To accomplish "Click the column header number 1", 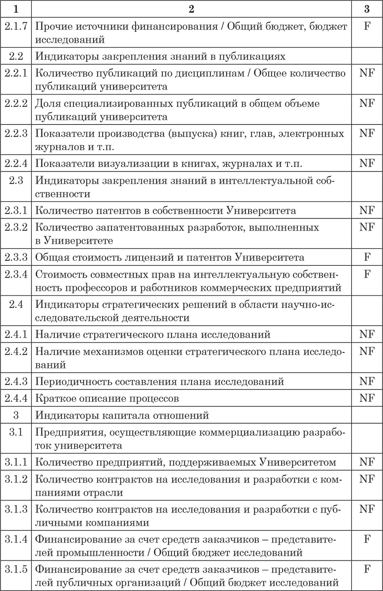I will tap(16, 8).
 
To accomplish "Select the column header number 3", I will tap(367, 8).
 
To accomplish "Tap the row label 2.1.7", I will tap(16, 26).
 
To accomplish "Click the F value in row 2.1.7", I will tap(367, 26).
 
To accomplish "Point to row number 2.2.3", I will tap(16, 133).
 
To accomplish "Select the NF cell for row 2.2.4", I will tap(367, 164).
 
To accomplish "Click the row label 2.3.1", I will tap(16, 210).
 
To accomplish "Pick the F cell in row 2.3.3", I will tap(367, 257).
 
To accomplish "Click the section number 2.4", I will tap(16, 304).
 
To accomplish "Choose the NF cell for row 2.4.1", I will tap(367, 334).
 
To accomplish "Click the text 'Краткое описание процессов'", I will tap(107, 398).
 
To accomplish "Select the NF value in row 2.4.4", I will tap(367, 398).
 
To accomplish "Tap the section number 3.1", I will tap(16, 432).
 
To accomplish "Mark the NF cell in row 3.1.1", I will tap(367, 462).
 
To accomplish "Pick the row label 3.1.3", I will tap(16, 509).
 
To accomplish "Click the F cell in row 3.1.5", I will tap(367, 569).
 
